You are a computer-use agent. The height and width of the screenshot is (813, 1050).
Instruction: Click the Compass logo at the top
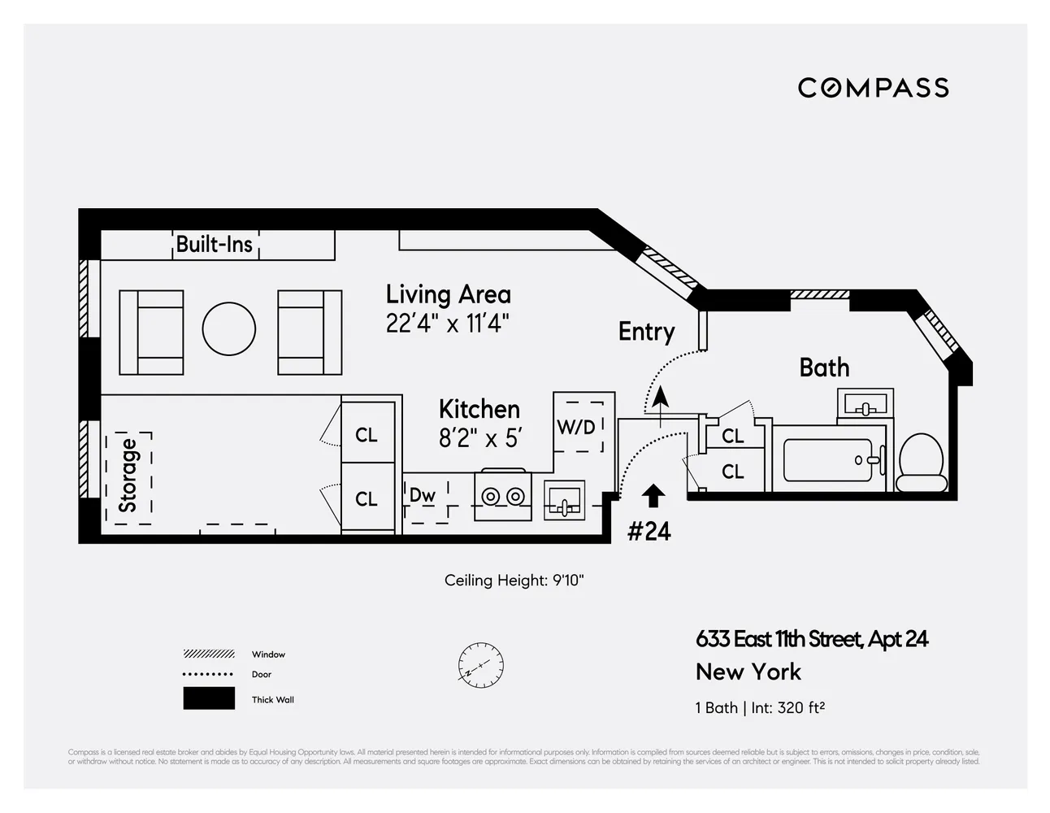coord(873,88)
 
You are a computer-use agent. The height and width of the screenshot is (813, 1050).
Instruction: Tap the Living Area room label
coord(448,294)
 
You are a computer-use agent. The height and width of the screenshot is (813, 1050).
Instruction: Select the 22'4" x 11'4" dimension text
coord(447,324)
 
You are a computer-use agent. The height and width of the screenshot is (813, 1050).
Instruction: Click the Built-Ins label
coord(215,244)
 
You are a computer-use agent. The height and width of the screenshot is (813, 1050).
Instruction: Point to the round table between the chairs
coord(229,329)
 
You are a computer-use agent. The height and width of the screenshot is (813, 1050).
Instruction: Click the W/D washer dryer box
coord(578,425)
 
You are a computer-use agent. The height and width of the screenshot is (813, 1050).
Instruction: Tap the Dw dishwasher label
coord(423,495)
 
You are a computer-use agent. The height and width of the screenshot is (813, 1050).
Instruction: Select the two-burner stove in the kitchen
coord(503,495)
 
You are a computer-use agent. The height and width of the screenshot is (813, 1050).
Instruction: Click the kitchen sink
coord(565,500)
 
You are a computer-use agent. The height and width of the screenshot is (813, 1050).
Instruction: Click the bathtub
coord(827,461)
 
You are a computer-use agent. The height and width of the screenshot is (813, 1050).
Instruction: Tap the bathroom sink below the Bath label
coord(865,404)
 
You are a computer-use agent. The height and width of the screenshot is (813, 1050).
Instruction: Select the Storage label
coord(128,476)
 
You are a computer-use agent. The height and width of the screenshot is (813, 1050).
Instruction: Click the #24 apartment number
coord(649,532)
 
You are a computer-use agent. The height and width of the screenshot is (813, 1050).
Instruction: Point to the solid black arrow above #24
coord(653,496)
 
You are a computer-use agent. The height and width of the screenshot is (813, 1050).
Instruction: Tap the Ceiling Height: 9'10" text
coord(514,580)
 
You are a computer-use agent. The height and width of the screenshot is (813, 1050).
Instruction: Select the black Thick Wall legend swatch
coord(209,698)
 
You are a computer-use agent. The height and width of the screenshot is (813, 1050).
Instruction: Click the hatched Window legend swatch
coord(209,654)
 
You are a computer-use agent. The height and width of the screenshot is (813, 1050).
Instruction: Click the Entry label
coord(646,332)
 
